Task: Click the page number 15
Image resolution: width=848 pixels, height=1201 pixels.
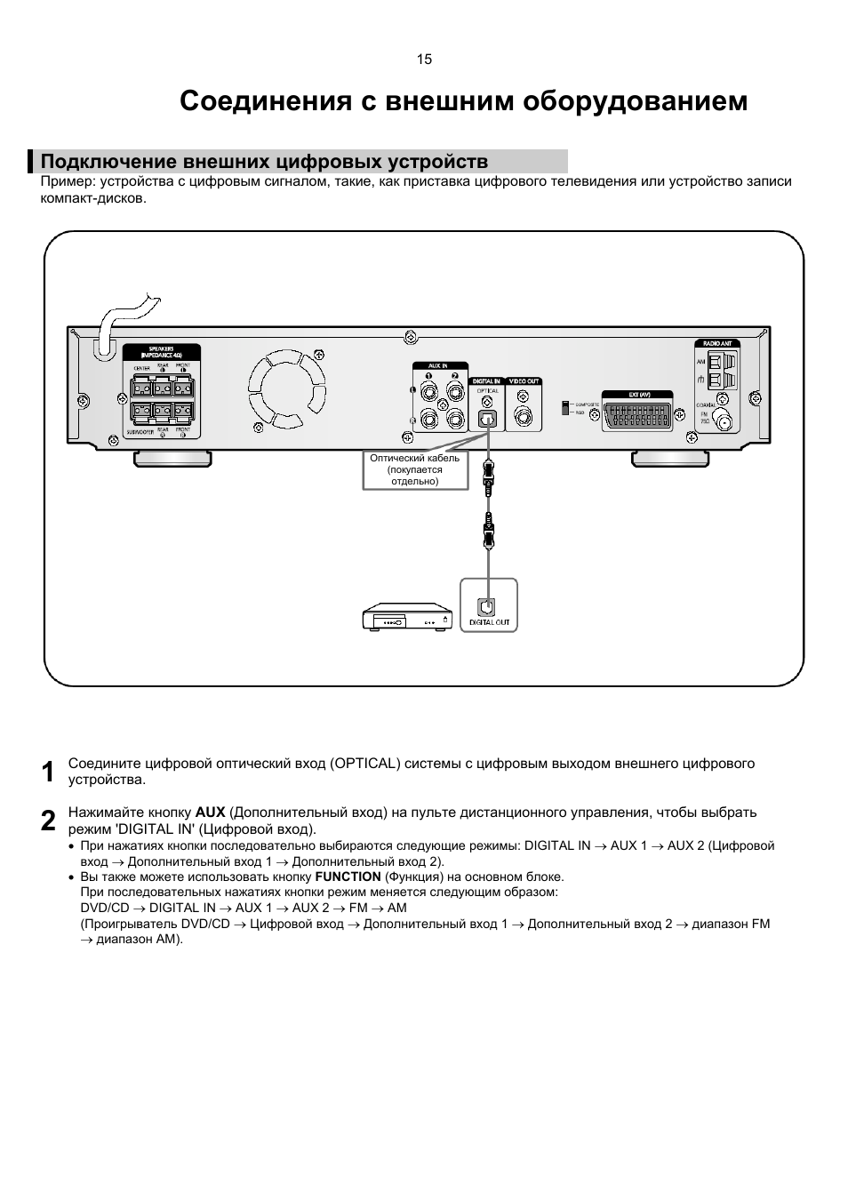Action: point(424,60)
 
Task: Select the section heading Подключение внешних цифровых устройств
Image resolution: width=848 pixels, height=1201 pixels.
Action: point(264,162)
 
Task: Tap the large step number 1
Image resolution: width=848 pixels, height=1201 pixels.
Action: point(49,772)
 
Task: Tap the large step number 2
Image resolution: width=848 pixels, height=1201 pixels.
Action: point(49,821)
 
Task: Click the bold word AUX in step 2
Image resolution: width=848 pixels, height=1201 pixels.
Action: point(210,813)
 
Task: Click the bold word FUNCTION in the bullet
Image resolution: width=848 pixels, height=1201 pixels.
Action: point(348,877)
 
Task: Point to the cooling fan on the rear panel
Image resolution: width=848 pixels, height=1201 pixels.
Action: point(287,388)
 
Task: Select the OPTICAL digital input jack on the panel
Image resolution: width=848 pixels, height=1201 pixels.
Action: point(486,418)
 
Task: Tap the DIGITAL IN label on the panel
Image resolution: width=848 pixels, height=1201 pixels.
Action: point(486,381)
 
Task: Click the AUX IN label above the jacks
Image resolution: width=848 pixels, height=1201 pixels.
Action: point(437,366)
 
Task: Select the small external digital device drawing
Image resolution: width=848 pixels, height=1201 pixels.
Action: point(406,619)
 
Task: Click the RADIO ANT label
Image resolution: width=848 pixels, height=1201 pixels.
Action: point(717,343)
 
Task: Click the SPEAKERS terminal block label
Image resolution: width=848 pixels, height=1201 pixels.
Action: point(161,351)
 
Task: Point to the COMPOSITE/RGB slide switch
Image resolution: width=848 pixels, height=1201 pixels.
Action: point(564,407)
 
